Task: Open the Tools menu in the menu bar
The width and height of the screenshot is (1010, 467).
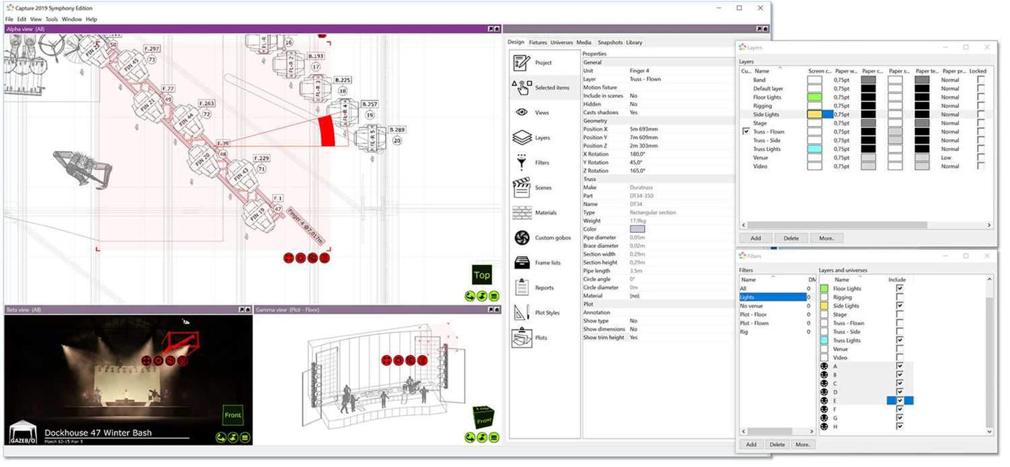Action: click(x=52, y=19)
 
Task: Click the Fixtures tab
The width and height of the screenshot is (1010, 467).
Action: click(x=538, y=43)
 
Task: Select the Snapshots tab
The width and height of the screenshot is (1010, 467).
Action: click(x=609, y=43)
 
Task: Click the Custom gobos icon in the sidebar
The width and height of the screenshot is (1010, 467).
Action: click(x=521, y=238)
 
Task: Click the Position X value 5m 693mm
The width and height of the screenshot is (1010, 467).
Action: click(x=644, y=129)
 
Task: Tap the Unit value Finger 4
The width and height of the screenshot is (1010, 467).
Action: click(x=640, y=71)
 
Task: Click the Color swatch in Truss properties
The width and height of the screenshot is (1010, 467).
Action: click(x=637, y=229)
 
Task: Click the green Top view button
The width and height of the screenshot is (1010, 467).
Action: click(x=482, y=275)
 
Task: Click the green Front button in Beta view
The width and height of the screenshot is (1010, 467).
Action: click(x=233, y=415)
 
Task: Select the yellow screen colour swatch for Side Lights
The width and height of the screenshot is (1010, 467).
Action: click(x=814, y=114)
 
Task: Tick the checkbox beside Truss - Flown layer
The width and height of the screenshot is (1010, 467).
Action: click(x=746, y=131)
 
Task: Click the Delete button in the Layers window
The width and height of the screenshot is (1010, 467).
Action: click(x=791, y=238)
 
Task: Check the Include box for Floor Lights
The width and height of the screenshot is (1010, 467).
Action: click(x=900, y=288)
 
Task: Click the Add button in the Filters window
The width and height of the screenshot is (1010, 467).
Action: click(x=751, y=444)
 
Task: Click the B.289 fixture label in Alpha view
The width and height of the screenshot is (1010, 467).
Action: click(x=397, y=130)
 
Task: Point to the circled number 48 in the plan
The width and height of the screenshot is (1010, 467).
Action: click(x=224, y=155)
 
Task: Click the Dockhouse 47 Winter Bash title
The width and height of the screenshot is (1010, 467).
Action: click(x=98, y=433)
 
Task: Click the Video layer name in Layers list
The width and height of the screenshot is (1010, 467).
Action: click(x=760, y=166)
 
